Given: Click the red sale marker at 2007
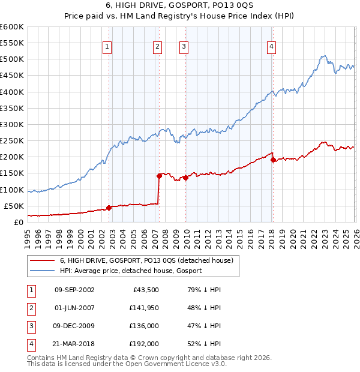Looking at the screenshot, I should pyautogui.click(x=159, y=176).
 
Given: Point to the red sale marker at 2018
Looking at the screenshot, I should pyautogui.click(x=273, y=160).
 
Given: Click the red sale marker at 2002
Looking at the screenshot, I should pyautogui.click(x=109, y=208).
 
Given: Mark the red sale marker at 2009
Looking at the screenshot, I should pyautogui.click(x=186, y=178).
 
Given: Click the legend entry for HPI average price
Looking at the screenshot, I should pyautogui.click(x=131, y=271).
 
